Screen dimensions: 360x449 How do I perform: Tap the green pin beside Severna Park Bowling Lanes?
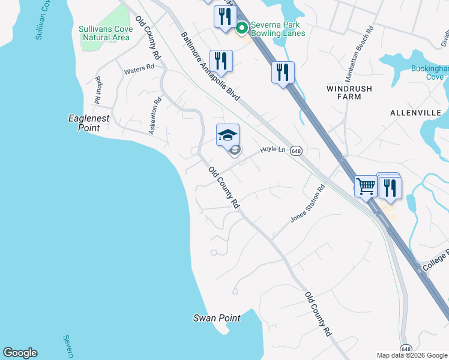click(242, 28)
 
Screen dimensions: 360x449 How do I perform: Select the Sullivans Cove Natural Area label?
click(104, 33)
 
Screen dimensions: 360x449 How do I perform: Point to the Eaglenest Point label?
click(89, 123)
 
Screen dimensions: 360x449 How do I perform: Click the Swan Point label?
click(217, 318)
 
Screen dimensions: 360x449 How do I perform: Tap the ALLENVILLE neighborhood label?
click(415, 113)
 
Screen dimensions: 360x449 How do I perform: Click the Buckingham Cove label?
click(430, 73)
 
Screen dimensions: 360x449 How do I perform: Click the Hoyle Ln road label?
click(272, 150)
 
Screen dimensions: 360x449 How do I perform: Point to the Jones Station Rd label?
click(307, 204)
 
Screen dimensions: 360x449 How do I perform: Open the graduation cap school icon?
click(228, 135)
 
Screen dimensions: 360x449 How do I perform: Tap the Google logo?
click(20, 353)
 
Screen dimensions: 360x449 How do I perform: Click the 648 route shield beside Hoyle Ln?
click(295, 151)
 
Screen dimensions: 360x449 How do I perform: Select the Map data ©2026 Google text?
click(411, 355)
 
